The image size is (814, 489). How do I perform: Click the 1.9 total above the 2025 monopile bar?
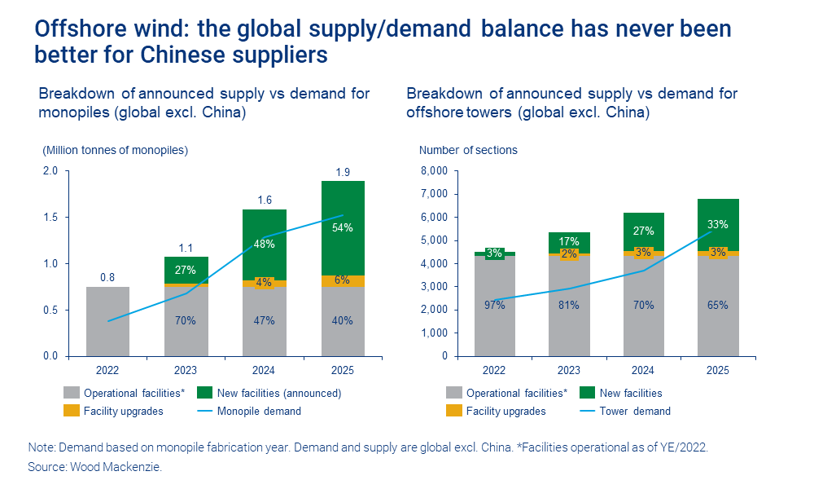coord(342,171)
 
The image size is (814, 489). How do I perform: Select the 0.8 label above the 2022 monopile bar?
coord(107,277)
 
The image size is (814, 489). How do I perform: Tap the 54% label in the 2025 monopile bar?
coord(342,228)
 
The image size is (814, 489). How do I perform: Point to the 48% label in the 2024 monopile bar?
coord(264,243)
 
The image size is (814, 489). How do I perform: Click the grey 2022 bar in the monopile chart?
coord(107,322)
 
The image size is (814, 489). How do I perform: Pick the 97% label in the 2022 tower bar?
coord(495,305)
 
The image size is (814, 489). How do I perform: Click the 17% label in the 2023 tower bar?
coord(569,241)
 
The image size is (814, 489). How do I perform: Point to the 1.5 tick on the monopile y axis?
coord(50,218)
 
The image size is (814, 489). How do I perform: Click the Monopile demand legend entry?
coord(259,411)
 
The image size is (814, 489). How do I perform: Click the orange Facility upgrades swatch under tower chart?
coord(453,411)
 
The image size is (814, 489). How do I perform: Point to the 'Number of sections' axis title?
coord(468,150)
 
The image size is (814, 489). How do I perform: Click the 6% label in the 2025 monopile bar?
coord(342,280)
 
